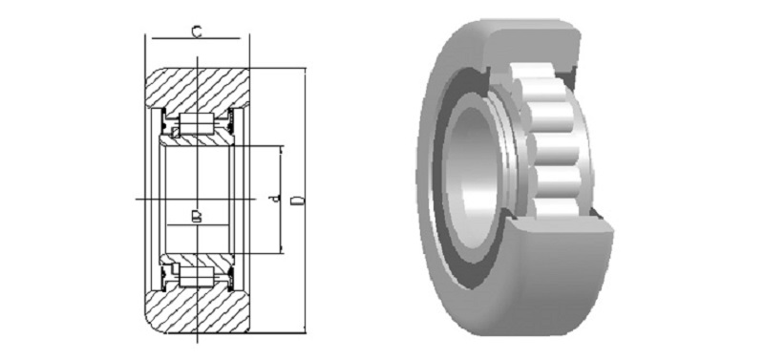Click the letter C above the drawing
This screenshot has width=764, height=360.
pos(197,32)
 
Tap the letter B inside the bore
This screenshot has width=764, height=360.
pos(197,216)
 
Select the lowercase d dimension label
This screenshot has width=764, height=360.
pos(276,199)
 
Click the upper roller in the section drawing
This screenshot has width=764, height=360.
pos(197,124)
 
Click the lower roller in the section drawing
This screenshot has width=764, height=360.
pos(197,276)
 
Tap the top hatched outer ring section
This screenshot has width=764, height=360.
pos(197,88)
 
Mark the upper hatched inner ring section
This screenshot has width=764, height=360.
pos(198,140)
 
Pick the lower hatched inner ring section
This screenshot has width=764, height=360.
pos(198,259)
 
